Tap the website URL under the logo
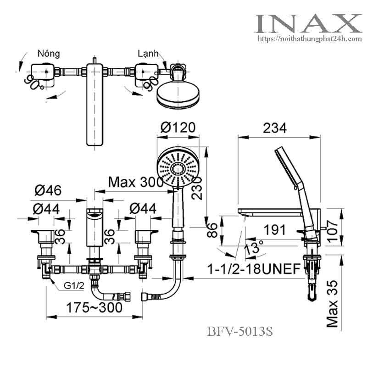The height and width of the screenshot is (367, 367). coord(310,39)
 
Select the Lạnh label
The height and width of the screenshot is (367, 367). coord(148,54)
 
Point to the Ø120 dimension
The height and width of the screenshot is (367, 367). coord(178,127)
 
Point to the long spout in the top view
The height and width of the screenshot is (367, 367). coord(95,106)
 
